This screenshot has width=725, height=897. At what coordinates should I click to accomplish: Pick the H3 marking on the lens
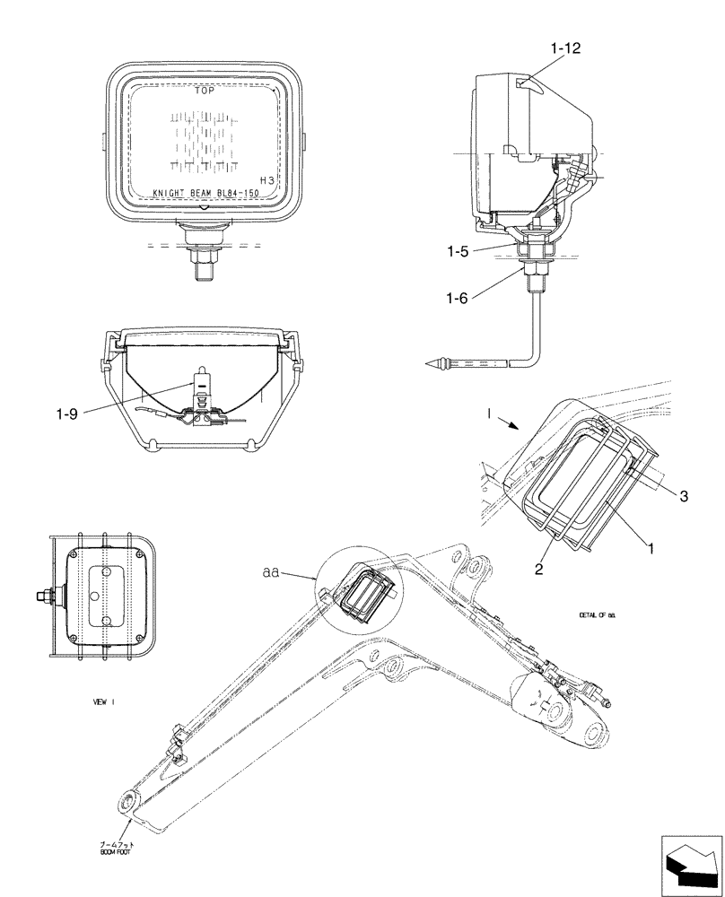[267, 180]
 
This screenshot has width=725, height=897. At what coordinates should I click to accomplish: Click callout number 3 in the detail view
[683, 495]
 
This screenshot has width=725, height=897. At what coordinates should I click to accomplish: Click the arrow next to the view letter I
[507, 425]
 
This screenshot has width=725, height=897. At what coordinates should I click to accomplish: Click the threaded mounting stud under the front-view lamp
[204, 262]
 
